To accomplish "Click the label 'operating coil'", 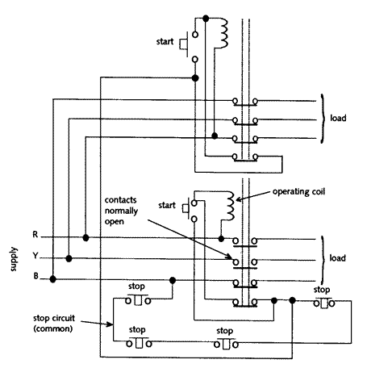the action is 298,192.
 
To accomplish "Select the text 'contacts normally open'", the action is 121,211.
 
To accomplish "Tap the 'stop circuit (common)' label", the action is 54,323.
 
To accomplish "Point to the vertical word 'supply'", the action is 14,259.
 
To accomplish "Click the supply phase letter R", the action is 35,235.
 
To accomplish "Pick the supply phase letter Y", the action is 35,255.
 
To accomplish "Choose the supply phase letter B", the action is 35,276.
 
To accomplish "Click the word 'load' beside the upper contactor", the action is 338,118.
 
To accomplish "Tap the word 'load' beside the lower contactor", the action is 337,258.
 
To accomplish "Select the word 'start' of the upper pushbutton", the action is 165,41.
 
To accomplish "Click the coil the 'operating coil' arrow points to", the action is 231,206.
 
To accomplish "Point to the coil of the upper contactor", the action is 223,33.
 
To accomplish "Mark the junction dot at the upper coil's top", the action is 206,19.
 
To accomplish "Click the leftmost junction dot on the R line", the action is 85,237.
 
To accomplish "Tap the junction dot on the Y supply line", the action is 69,258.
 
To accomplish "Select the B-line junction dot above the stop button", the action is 173,281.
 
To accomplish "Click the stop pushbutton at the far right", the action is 324,303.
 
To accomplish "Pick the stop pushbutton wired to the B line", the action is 138,300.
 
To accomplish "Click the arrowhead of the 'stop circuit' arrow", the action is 110,324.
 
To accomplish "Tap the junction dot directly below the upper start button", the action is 195,78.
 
